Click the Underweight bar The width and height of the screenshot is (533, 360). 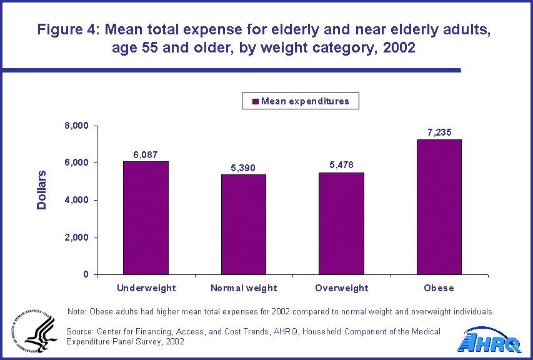pyautogui.click(x=146, y=218)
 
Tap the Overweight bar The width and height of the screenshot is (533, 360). pyautogui.click(x=341, y=224)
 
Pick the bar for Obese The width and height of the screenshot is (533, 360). pyautogui.click(x=439, y=207)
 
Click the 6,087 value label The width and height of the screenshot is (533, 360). pyautogui.click(x=146, y=154)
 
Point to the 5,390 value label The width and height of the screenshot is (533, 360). pyautogui.click(x=243, y=167)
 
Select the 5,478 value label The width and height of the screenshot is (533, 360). pyautogui.click(x=341, y=166)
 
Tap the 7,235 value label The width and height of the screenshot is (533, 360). pyautogui.click(x=439, y=133)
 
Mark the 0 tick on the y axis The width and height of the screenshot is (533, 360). pyautogui.click(x=86, y=274)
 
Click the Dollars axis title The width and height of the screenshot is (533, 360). pyautogui.click(x=42, y=189)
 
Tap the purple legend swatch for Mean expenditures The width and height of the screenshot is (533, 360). pyautogui.click(x=255, y=101)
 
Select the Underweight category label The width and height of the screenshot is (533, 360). pyautogui.click(x=146, y=288)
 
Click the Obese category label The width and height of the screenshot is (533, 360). pyautogui.click(x=439, y=288)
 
